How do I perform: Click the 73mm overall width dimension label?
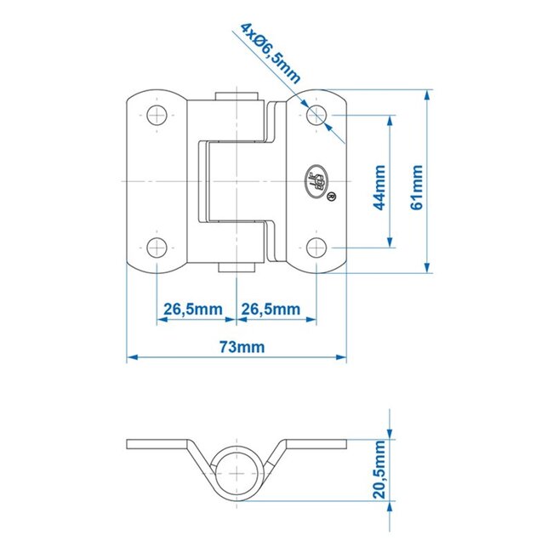pyautogui.click(x=242, y=346)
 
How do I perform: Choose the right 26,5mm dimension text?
pyautogui.click(x=270, y=308)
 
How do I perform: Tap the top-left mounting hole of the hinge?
pyautogui.click(x=157, y=114)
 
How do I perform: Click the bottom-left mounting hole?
pyautogui.click(x=157, y=248)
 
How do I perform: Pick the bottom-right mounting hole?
pyautogui.click(x=315, y=248)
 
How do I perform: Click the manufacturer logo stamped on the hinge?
pyautogui.click(x=316, y=180)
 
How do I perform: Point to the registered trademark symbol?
pyautogui.click(x=330, y=197)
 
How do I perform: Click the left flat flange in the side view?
pyautogui.click(x=157, y=444)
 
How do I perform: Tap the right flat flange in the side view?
pyautogui.click(x=316, y=444)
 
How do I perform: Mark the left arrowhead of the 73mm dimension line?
pyautogui.click(x=130, y=358)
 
